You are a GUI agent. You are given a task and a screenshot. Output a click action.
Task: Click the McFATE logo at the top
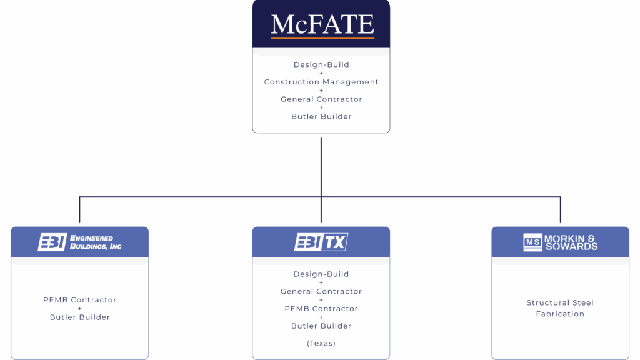pyautogui.click(x=322, y=24)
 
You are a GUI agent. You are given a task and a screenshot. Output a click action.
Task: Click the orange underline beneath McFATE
pyautogui.click(x=322, y=38)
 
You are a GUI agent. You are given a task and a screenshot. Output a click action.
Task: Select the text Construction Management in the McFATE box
pyautogui.click(x=321, y=82)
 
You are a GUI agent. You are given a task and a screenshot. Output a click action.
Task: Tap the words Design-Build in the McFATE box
pyautogui.click(x=321, y=65)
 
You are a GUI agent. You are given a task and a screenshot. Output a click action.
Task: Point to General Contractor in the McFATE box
pyautogui.click(x=321, y=99)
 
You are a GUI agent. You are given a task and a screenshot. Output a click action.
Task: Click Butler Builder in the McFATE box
pyautogui.click(x=321, y=117)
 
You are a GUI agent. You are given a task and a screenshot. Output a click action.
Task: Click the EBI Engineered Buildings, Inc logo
pyautogui.click(x=79, y=242)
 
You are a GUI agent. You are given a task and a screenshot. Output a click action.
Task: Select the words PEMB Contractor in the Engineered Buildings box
pyautogui.click(x=80, y=300)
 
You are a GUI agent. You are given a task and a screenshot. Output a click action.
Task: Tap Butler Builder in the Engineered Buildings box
pyautogui.click(x=80, y=317)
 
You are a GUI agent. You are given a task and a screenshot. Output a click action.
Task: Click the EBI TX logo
pyautogui.click(x=321, y=242)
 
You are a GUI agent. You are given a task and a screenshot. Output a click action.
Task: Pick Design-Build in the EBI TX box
pyautogui.click(x=321, y=274)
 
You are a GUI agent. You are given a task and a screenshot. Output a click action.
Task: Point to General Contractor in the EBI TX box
pyautogui.click(x=321, y=292)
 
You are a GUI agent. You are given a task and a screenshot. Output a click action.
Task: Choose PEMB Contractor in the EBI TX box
pyautogui.click(x=321, y=309)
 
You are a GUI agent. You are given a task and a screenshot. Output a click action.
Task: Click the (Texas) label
pyautogui.click(x=321, y=343)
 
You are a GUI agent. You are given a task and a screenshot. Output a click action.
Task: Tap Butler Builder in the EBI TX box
pyautogui.click(x=321, y=326)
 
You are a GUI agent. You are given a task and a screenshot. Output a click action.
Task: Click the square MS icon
pyautogui.click(x=532, y=242)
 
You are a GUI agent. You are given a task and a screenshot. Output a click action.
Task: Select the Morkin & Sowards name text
pyautogui.click(x=571, y=242)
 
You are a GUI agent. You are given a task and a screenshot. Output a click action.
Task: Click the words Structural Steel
pyautogui.click(x=560, y=303)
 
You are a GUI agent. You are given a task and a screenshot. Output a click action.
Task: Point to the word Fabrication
pyautogui.click(x=560, y=314)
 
